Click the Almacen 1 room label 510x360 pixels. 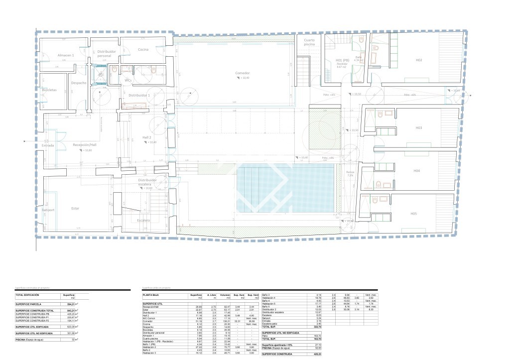pos(66,55)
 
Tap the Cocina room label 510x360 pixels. pos(143,49)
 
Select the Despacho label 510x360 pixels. pos(79,83)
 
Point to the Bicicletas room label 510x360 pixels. pos(49,90)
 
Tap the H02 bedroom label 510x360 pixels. pos(419,60)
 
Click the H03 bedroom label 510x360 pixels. pos(419,128)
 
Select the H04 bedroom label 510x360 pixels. pos(416,171)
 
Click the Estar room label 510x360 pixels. pos(75,208)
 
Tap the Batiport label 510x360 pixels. pos(48,211)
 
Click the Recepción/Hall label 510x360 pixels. pos(84,144)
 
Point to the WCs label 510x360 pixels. pos(128,80)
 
